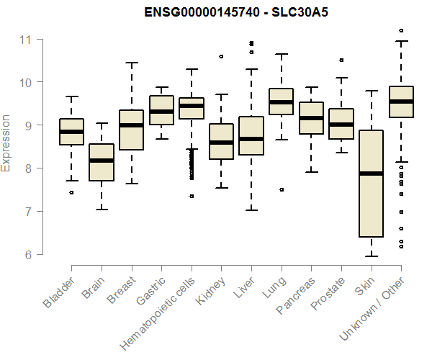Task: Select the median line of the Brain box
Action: point(101,160)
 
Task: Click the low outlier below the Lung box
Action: point(282,190)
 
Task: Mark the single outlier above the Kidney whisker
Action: point(221,56)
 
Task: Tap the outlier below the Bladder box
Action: point(71,193)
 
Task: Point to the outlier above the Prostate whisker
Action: point(341,60)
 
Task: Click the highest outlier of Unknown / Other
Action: point(401,31)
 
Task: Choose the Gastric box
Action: point(161,109)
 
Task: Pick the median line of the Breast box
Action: point(131,125)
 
